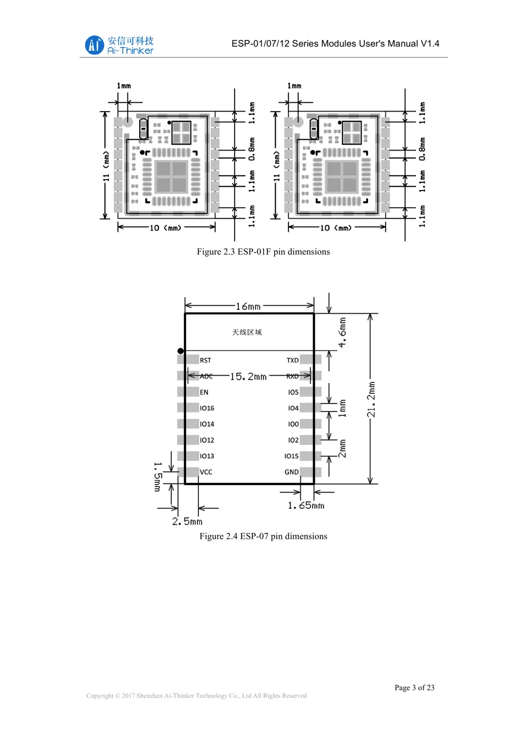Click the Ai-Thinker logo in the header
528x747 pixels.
tap(119, 45)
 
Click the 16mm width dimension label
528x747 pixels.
tap(248, 306)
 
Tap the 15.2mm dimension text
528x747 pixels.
tap(248, 376)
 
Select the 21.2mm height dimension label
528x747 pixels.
tap(372, 399)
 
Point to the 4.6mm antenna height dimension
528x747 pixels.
tap(342, 332)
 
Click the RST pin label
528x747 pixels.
tap(205, 360)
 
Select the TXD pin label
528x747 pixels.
tap(292, 360)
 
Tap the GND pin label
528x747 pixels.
tap(291, 472)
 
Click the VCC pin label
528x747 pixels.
tap(206, 472)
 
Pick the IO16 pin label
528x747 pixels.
tap(207, 408)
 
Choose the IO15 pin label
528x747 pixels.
tap(291, 456)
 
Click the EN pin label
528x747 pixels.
tap(204, 392)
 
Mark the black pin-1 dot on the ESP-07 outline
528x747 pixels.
tap(181, 351)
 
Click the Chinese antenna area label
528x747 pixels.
tap(247, 332)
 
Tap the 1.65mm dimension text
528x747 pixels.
tap(306, 505)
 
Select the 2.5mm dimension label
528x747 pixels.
tap(187, 521)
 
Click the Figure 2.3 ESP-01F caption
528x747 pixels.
tap(263, 252)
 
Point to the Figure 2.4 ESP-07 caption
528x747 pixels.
tap(263, 536)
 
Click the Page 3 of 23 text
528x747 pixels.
tap(414, 687)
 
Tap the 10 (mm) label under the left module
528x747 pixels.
tap(165, 228)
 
